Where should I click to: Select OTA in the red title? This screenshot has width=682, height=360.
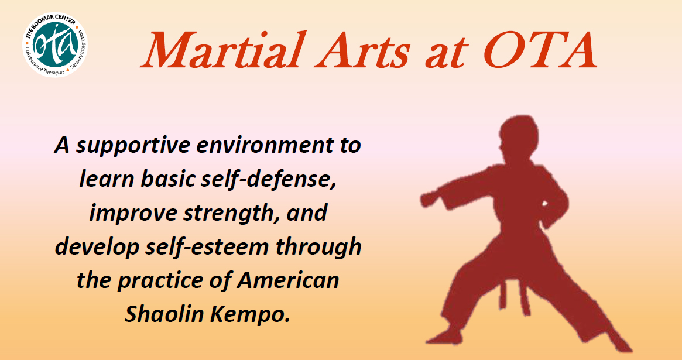click(x=540, y=51)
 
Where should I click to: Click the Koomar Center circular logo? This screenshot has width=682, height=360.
click(x=55, y=45)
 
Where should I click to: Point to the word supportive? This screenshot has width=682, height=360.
click(x=133, y=146)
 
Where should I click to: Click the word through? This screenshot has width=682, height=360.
click(x=318, y=248)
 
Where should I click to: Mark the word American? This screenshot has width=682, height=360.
click(x=288, y=280)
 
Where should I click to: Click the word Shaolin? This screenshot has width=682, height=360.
click(x=164, y=314)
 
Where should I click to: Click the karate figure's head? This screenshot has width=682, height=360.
click(x=518, y=138)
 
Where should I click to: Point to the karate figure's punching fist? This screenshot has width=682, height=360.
click(x=429, y=199)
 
